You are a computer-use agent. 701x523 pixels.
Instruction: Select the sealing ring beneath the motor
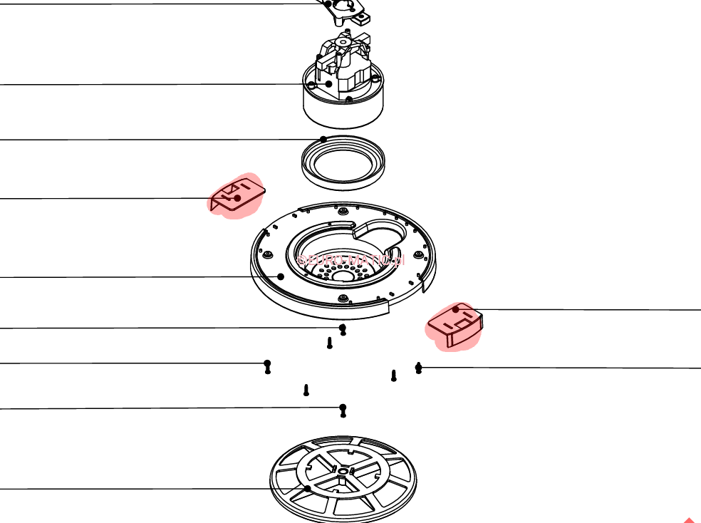click(343, 163)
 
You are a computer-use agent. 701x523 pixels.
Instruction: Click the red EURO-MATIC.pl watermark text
click(350, 260)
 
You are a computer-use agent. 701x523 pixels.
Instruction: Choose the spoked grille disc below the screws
click(343, 480)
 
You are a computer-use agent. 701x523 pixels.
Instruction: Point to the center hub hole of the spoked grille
click(343, 471)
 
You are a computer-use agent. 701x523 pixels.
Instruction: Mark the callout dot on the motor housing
click(329, 84)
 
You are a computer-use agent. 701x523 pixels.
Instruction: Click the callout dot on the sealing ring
click(323, 139)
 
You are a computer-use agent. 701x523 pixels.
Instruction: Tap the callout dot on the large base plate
click(281, 276)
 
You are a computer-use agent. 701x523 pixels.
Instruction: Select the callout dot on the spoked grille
click(308, 489)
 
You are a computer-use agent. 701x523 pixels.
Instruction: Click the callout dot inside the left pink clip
click(237, 198)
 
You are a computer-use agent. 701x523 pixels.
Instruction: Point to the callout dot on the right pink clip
click(456, 309)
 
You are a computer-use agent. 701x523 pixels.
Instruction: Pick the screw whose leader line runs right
click(418, 368)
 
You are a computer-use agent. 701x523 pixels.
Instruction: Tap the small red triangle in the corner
click(690, 520)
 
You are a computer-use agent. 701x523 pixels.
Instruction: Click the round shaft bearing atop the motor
click(343, 43)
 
